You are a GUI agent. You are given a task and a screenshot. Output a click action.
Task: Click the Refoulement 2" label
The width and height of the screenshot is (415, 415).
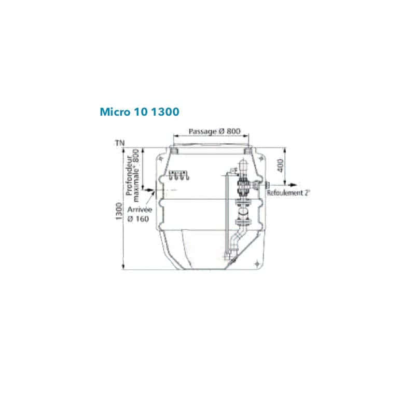(x=288, y=193)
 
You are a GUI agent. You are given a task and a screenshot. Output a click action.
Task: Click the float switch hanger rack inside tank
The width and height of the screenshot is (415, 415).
(x=178, y=175)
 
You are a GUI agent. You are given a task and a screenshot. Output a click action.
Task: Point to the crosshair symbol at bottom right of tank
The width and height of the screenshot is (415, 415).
(x=258, y=264)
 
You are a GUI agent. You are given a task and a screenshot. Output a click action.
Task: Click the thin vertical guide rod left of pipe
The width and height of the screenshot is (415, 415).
(x=226, y=213)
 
